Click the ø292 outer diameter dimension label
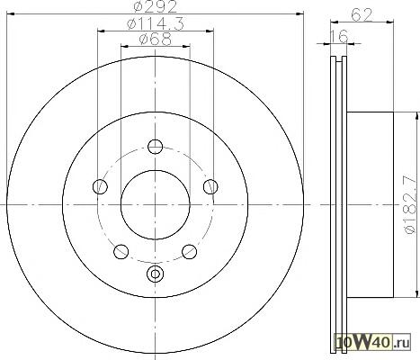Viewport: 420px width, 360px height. coord(156,7)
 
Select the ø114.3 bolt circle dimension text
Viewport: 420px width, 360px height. coord(156,23)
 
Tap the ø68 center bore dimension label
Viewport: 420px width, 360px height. coord(156,40)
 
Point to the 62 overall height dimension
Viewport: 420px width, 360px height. coord(362,14)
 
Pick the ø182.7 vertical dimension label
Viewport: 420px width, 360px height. coord(410,205)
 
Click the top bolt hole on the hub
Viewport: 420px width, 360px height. coord(156,147)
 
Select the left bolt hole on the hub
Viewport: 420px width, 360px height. coord(100,186)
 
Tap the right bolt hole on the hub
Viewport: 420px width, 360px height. coord(210,186)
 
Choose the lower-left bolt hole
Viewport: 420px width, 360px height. coord(121,251)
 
